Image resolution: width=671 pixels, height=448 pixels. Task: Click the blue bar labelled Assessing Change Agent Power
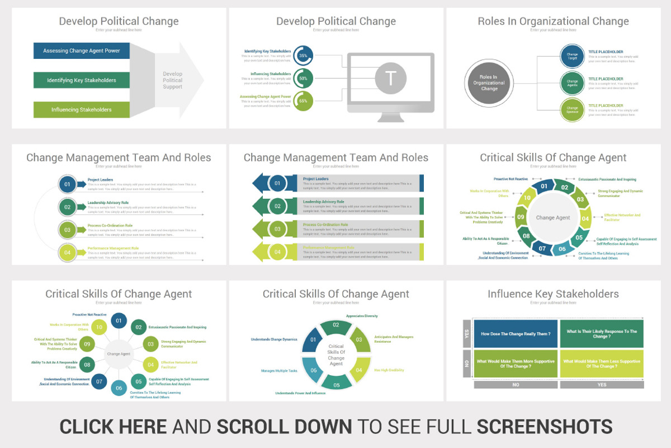[x=82, y=51]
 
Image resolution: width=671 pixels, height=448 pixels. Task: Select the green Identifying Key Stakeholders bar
[x=82, y=80]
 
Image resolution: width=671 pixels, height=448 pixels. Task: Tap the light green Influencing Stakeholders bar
[x=82, y=110]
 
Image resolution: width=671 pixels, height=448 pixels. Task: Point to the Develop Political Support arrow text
[x=173, y=80]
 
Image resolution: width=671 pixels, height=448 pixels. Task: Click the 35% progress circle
[x=303, y=56]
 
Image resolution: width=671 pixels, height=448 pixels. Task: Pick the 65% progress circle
[x=303, y=101]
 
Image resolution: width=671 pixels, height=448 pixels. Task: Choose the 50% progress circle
[x=303, y=78]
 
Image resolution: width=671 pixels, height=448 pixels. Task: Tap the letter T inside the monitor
[x=390, y=78]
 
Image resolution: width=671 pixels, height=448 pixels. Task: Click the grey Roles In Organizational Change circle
[x=489, y=83]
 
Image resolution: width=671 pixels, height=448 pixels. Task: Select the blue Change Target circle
[x=572, y=56]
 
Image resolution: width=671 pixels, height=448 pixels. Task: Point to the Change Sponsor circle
[x=572, y=110]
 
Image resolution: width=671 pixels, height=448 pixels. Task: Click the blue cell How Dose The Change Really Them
[x=516, y=334]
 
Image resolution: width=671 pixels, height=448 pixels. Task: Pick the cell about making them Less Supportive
[x=602, y=363]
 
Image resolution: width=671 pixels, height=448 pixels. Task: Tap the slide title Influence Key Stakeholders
[x=552, y=294]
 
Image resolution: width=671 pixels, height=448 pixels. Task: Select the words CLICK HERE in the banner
[x=113, y=426]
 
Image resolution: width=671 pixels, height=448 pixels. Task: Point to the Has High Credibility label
[x=389, y=370]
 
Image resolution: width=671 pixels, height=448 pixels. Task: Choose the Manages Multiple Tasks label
[x=279, y=371]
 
